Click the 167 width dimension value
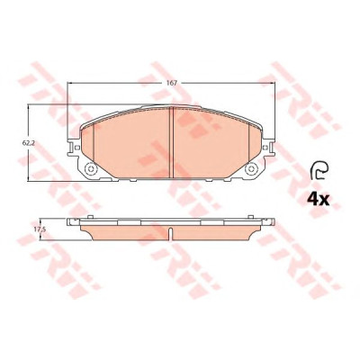(172, 83)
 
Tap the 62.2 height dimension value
(29, 143)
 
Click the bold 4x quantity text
(319, 200)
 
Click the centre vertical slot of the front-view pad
(172, 142)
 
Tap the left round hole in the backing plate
(90, 169)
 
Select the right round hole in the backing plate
(251, 169)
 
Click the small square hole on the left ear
(77, 148)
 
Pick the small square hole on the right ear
(265, 148)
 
